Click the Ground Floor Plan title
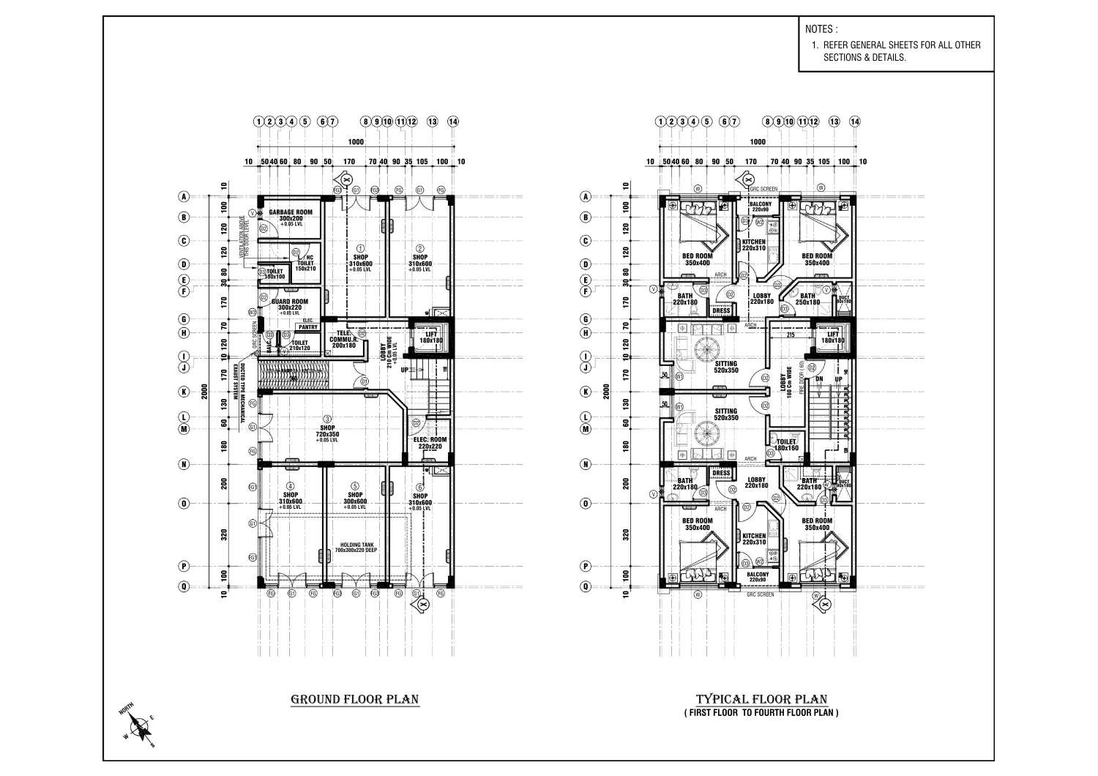click(x=355, y=698)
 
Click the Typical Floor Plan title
click(x=762, y=698)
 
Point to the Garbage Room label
click(x=291, y=212)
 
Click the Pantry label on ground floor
click(x=307, y=327)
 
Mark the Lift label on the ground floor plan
click(x=431, y=334)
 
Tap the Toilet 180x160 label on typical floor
click(x=786, y=444)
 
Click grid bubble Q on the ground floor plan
click(x=184, y=586)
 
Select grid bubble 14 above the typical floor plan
click(x=854, y=122)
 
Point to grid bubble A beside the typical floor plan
click(x=585, y=196)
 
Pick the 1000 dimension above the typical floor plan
click(x=758, y=142)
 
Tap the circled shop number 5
click(x=355, y=485)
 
